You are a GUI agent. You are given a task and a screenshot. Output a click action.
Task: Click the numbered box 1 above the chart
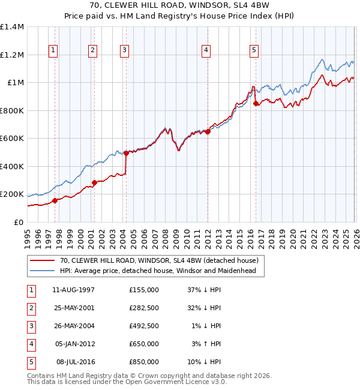pyautogui.click(x=54, y=50)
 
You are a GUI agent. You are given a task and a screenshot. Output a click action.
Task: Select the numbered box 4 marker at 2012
pyautogui.click(x=206, y=50)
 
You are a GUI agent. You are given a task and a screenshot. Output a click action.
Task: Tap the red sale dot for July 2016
pyautogui.click(x=256, y=104)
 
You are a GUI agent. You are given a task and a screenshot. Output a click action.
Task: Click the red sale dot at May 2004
pyautogui.click(x=126, y=154)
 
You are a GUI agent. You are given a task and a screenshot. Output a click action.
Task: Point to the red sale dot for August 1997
pyautogui.click(x=55, y=200)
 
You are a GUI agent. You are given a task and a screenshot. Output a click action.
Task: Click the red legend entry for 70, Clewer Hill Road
pyautogui.click(x=158, y=260)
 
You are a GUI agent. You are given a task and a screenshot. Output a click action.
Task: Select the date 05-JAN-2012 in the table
pyautogui.click(x=75, y=344)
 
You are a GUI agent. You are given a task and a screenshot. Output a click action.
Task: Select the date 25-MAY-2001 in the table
pyautogui.click(x=75, y=308)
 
